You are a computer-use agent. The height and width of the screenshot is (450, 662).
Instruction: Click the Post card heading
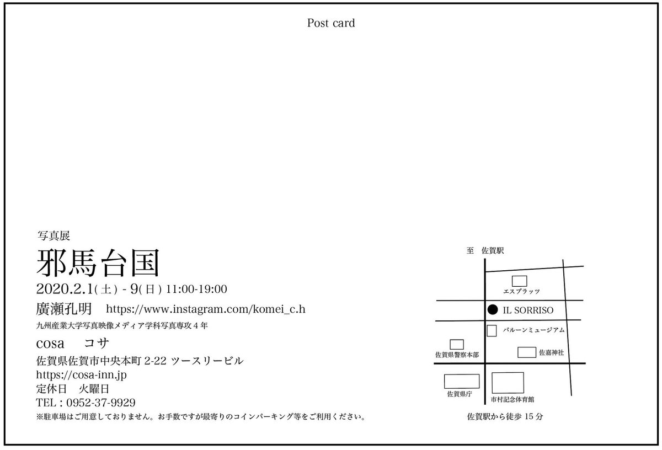point(331,23)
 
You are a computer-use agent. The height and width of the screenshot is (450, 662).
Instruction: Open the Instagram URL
point(205,308)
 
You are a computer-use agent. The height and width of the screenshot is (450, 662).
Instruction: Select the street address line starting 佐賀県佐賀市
point(138,361)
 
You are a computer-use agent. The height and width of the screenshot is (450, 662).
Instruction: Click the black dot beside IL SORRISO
point(494,310)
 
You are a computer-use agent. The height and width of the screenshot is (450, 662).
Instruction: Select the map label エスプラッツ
point(521,291)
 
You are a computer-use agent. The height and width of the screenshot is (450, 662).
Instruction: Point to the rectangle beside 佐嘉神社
point(527,352)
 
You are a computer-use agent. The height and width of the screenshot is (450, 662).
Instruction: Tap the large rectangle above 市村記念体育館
point(508,382)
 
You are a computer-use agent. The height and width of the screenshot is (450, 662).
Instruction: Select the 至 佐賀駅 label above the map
point(485,251)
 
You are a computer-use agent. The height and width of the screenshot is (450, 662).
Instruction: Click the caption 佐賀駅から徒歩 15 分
point(505,416)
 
